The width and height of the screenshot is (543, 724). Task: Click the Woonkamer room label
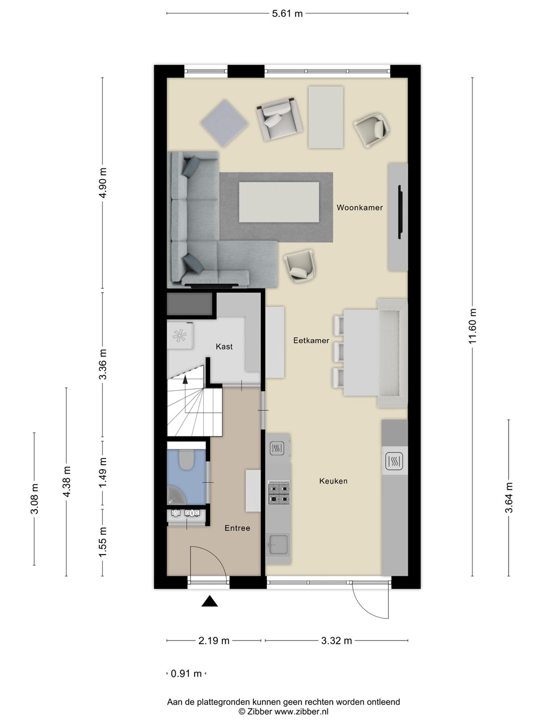[x=359, y=208]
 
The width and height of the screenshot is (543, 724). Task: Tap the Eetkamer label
[x=311, y=340]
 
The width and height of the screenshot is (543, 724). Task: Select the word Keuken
[x=333, y=481]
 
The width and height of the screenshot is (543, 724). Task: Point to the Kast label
[x=224, y=346]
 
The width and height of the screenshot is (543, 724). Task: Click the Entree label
[x=237, y=528]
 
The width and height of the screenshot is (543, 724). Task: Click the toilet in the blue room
[x=187, y=460]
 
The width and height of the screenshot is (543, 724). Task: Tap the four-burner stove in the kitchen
[x=279, y=493]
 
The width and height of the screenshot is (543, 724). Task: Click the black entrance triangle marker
[x=210, y=601]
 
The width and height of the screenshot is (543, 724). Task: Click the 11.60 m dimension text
[x=473, y=326]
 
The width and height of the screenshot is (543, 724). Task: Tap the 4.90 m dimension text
[x=103, y=183]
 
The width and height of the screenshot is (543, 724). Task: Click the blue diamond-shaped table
[x=225, y=123]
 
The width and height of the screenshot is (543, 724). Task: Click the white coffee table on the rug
[x=279, y=202]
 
